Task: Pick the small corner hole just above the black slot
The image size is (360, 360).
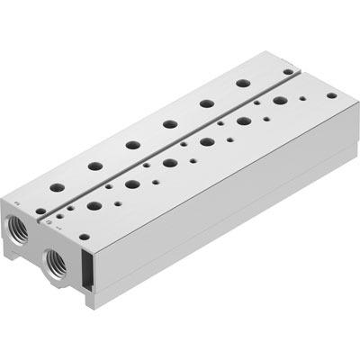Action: tap(83, 237)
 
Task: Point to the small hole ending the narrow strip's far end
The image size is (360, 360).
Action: tap(288, 71)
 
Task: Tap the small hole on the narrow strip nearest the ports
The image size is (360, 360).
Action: tap(41, 213)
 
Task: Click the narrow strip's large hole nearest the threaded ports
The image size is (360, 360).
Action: tap(57, 187)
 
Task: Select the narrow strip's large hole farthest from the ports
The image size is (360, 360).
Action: tap(241, 84)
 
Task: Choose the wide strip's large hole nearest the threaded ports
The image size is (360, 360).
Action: tap(94, 206)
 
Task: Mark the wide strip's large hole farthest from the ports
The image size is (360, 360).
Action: tap(279, 101)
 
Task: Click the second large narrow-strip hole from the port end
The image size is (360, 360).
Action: tap(94, 166)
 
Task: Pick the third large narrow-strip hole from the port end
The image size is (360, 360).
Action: tap(131, 144)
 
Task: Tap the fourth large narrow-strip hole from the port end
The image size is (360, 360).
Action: tap(169, 123)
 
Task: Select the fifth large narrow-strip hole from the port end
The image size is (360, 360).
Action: tap(206, 103)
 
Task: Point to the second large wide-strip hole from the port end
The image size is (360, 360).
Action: tap(131, 184)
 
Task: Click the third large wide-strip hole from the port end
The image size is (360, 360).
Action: tap(169, 163)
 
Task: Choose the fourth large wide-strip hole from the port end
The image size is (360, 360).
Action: tap(206, 141)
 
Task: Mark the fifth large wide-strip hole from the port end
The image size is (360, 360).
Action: tap(243, 121)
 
